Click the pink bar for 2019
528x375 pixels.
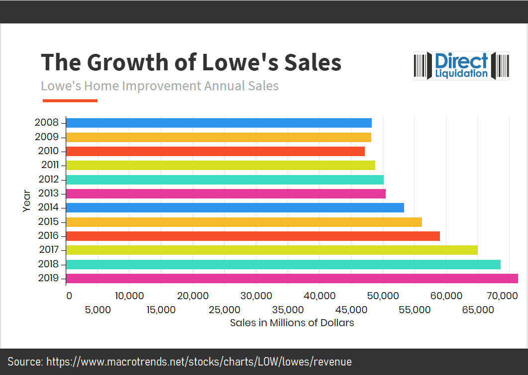[x=292, y=278]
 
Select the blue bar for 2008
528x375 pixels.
[x=219, y=123]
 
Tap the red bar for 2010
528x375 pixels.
[x=215, y=151]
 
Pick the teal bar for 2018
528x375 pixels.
[x=283, y=264]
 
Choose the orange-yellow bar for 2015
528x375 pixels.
[x=244, y=222]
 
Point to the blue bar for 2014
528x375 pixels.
[x=235, y=207]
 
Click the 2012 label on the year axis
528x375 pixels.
[x=48, y=180]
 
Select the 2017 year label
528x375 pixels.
[x=48, y=250]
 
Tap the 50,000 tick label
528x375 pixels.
[x=383, y=296]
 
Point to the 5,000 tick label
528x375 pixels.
[x=98, y=310]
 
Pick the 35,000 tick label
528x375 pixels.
[x=288, y=310]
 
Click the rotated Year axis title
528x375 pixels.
[x=27, y=200]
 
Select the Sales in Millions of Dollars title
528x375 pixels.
[x=292, y=323]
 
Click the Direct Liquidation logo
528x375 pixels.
[x=461, y=65]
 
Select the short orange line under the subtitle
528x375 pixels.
[x=70, y=101]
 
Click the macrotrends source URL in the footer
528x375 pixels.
[x=199, y=362]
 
